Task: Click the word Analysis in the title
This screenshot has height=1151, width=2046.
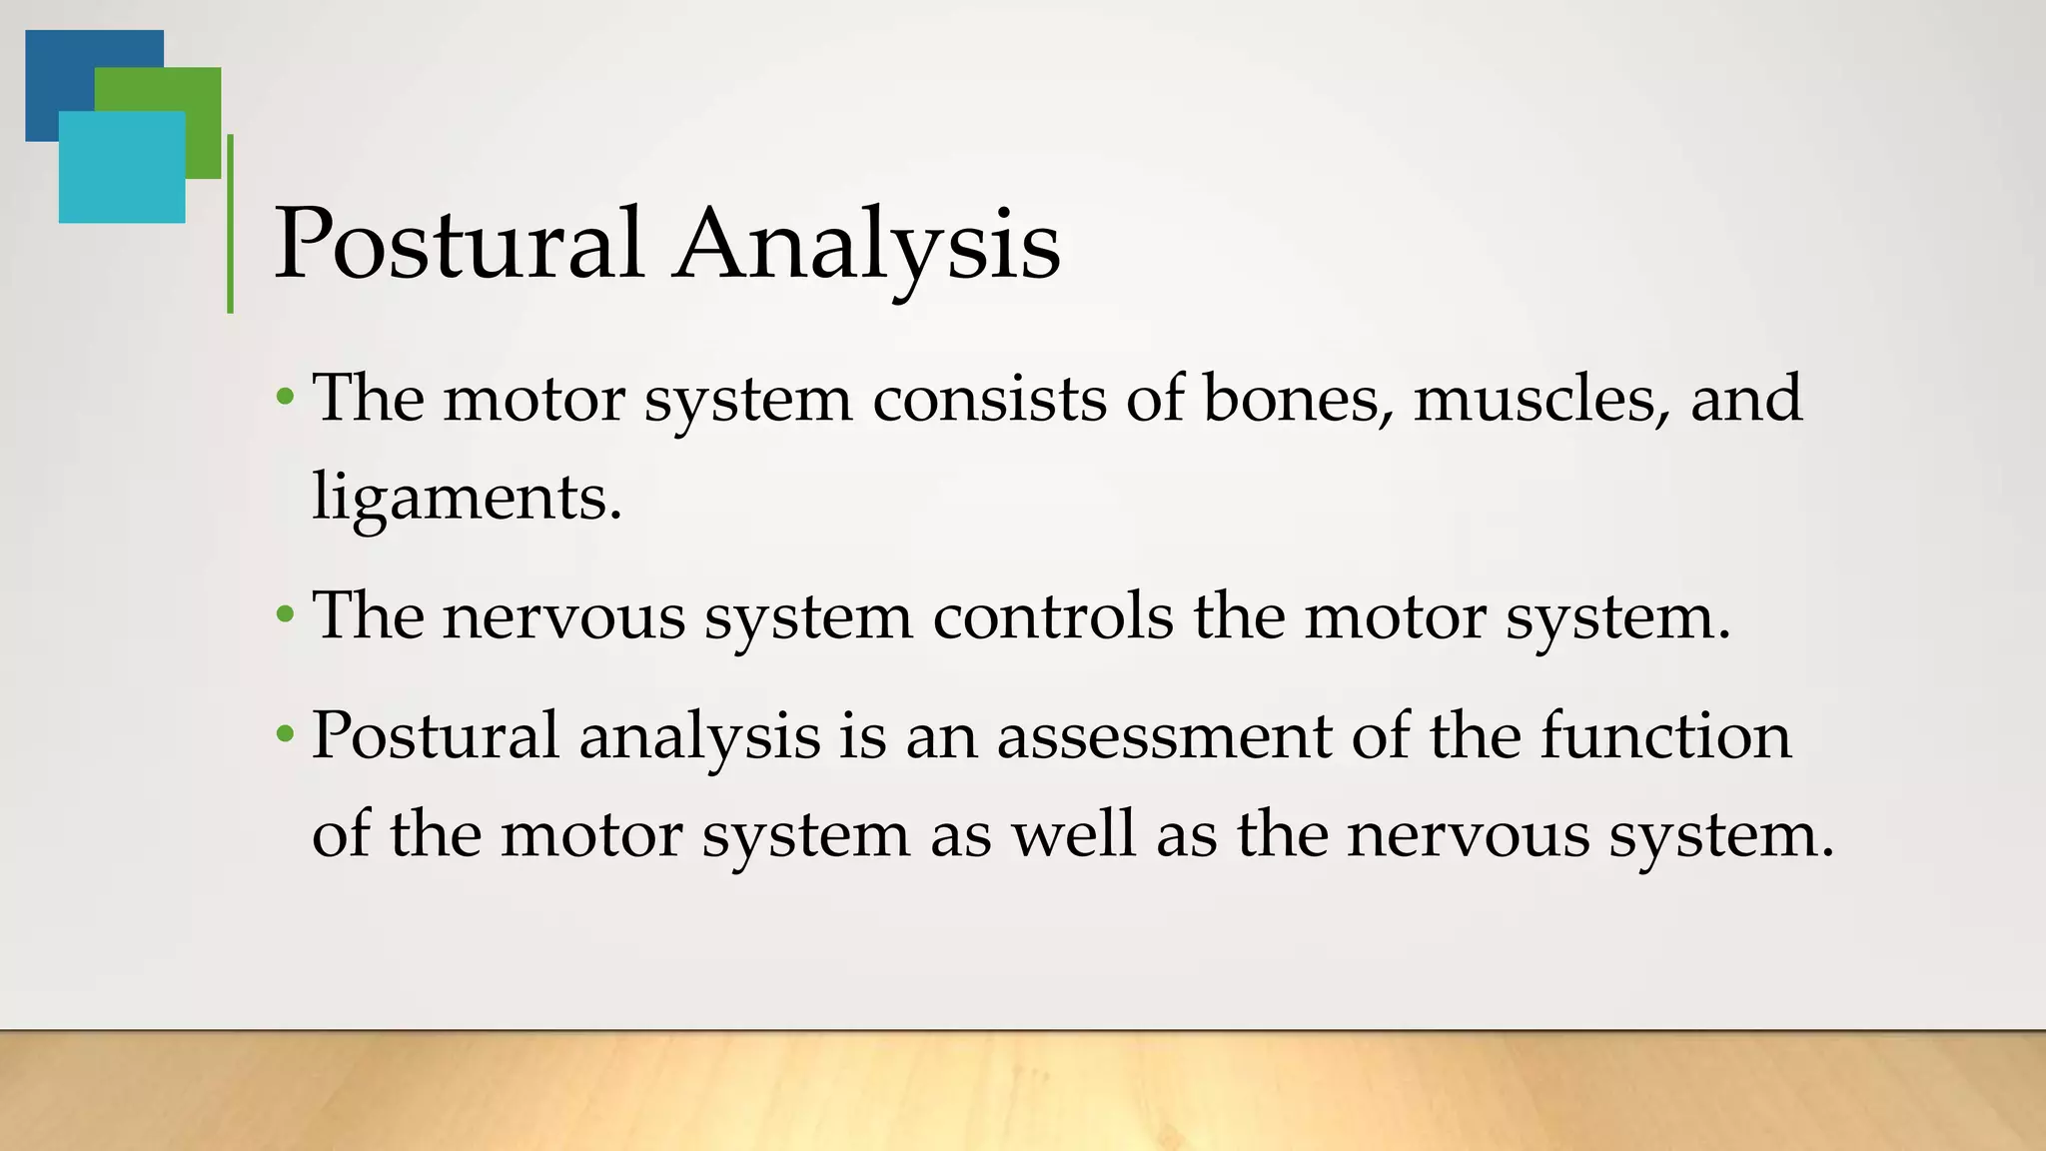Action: [866, 244]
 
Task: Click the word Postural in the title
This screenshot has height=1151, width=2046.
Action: [459, 244]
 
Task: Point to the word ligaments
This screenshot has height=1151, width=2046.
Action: [466, 497]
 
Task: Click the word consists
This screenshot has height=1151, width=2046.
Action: [989, 398]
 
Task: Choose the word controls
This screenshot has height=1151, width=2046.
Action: [1053, 615]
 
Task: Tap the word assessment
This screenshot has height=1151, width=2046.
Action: [1164, 735]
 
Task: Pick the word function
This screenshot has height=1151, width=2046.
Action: [1665, 735]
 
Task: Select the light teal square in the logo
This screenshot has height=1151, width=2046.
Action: [121, 167]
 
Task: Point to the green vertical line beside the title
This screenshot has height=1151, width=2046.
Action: [231, 224]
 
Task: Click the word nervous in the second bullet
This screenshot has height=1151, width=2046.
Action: [563, 615]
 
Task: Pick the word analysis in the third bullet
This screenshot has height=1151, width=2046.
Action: [699, 737]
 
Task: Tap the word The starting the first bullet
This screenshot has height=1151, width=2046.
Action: [369, 398]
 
